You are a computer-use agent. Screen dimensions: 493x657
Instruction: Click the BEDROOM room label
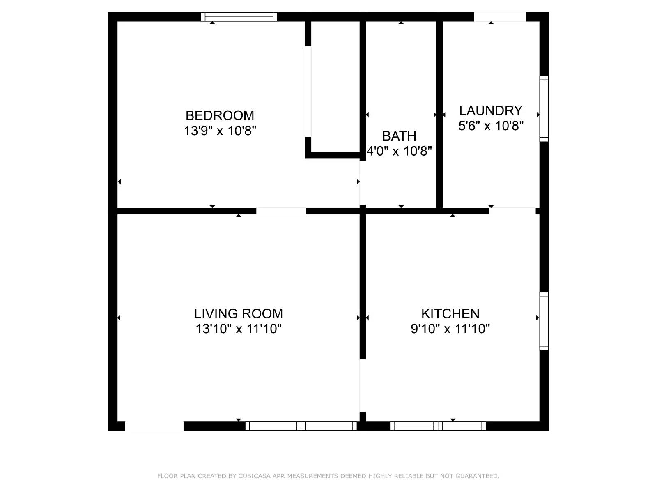coord(220,115)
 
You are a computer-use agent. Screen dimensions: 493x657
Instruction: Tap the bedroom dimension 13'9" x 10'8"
coord(220,131)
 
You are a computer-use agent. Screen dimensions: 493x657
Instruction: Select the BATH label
coord(399,136)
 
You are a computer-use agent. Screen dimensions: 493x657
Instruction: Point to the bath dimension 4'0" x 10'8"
coord(399,151)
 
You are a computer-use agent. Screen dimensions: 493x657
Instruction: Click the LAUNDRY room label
coord(491,111)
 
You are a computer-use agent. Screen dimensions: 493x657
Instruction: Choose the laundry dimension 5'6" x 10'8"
coord(491,126)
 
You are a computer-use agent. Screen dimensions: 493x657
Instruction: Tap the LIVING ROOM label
coord(238,314)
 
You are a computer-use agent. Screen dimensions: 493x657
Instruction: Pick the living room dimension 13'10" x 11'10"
coord(238,329)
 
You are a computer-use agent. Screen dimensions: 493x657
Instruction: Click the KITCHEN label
coord(450,314)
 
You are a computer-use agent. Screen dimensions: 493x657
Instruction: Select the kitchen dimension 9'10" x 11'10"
coord(450,329)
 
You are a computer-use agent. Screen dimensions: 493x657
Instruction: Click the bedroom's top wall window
coord(239,17)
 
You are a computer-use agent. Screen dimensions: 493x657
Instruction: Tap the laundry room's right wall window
coord(544,108)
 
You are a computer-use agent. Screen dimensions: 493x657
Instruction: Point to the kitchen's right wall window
coord(544,321)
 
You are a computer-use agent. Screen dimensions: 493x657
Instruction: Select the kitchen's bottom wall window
coord(438,426)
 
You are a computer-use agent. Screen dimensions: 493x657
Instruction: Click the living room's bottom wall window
coord(301,426)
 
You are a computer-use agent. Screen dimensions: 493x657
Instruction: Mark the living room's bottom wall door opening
coord(154,426)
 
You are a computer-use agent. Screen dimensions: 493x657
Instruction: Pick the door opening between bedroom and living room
coord(281,211)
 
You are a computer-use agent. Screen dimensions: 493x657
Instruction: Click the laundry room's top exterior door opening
coord(500,17)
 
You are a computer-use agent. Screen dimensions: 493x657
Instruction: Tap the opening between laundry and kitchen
coord(512,211)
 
